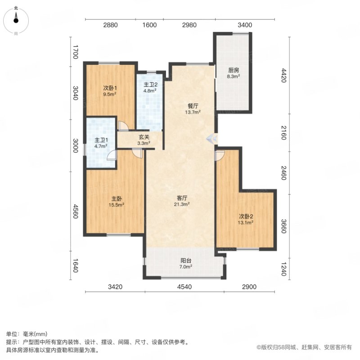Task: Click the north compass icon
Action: (16, 21)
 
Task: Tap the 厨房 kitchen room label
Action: (233, 73)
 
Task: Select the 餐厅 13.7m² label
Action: (193, 109)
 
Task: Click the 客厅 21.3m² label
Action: (182, 201)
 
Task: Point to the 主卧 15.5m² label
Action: (117, 202)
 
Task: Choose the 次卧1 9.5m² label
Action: (110, 91)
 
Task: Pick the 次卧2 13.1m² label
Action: (246, 219)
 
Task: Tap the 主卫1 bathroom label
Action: (101, 143)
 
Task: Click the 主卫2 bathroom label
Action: (150, 87)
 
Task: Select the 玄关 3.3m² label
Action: (144, 140)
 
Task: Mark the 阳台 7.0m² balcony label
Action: (186, 264)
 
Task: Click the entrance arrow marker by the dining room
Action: (211, 139)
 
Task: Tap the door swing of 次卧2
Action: (220, 155)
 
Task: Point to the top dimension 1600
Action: (149, 25)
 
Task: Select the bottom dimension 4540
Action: (184, 287)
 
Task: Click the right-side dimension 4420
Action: (284, 75)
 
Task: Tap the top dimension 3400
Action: (245, 25)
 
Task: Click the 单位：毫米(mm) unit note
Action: (27, 334)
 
